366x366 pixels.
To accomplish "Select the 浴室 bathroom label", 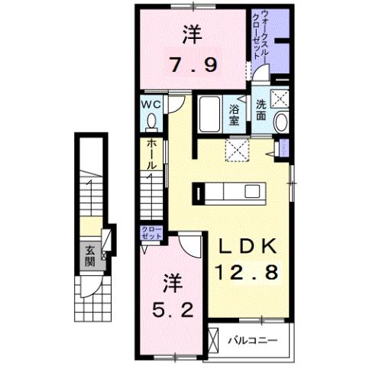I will tap(235, 114).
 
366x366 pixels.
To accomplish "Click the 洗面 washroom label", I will tap(261, 111).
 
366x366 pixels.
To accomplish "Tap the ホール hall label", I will tap(152, 154).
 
